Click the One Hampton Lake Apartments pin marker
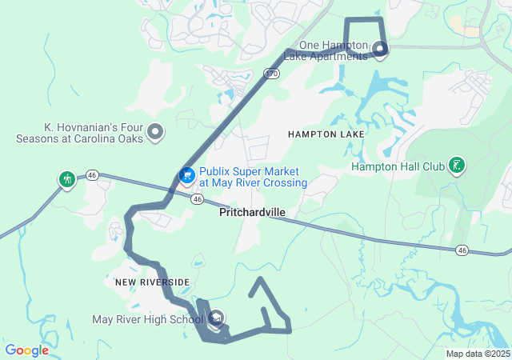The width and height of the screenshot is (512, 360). point(380,51)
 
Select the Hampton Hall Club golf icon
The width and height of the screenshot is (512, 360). point(456,166)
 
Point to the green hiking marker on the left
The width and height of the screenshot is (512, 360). point(66,178)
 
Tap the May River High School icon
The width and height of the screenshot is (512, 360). point(216,320)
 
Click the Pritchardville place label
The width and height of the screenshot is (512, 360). point(253,213)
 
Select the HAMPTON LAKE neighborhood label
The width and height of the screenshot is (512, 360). point(326,134)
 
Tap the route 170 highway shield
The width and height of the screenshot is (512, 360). point(272,74)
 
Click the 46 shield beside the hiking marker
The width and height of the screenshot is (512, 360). point(92,175)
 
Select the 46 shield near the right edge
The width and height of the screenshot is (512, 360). point(462,250)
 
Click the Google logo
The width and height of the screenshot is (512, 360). point(27,350)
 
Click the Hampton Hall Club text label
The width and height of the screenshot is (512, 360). point(397,166)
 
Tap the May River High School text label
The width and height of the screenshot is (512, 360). point(149,320)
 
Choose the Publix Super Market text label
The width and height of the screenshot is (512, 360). point(253,177)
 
